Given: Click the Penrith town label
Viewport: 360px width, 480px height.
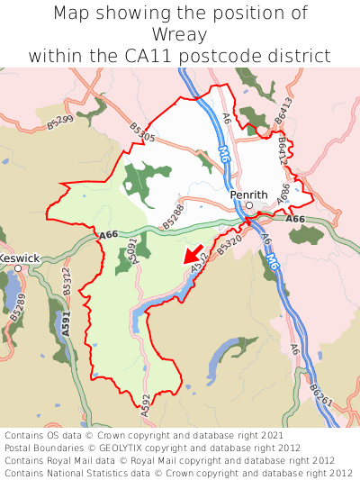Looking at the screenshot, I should click(249, 194).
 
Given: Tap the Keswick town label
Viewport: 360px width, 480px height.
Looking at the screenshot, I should click(19, 258).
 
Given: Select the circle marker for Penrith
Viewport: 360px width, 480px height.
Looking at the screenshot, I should click(249, 205).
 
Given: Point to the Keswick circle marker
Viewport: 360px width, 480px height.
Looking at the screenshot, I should click(17, 268).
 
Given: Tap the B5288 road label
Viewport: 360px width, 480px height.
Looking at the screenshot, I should click(173, 213).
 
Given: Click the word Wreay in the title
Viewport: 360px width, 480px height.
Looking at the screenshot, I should click(180, 35).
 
